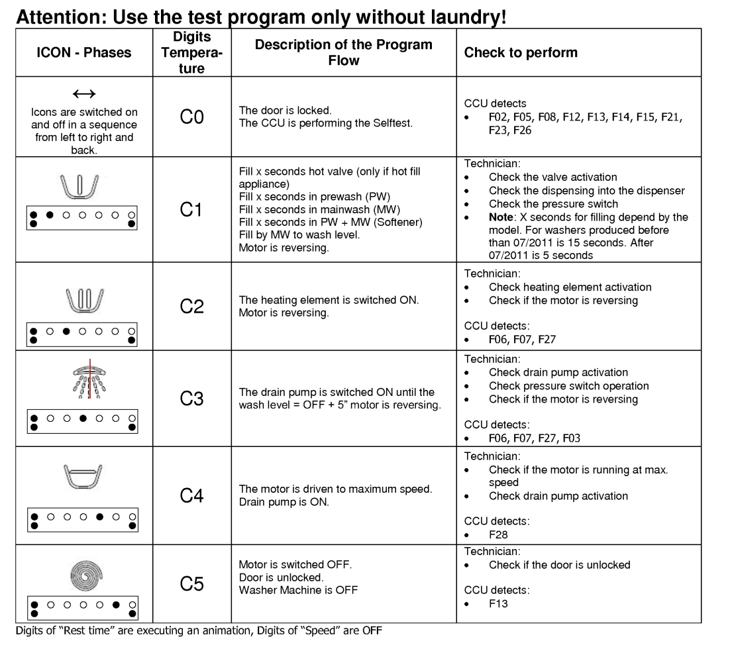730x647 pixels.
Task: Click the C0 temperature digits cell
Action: (x=191, y=118)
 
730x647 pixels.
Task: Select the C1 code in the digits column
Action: (x=191, y=210)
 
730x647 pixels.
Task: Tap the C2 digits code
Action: (x=191, y=307)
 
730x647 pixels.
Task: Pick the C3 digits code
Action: (x=191, y=399)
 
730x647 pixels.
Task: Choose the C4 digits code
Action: (x=191, y=495)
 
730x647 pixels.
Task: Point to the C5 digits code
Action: (x=191, y=584)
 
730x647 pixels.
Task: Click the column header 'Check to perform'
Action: (x=521, y=52)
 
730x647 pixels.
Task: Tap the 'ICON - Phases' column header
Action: (x=83, y=52)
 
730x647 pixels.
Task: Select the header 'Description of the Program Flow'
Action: (x=343, y=52)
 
